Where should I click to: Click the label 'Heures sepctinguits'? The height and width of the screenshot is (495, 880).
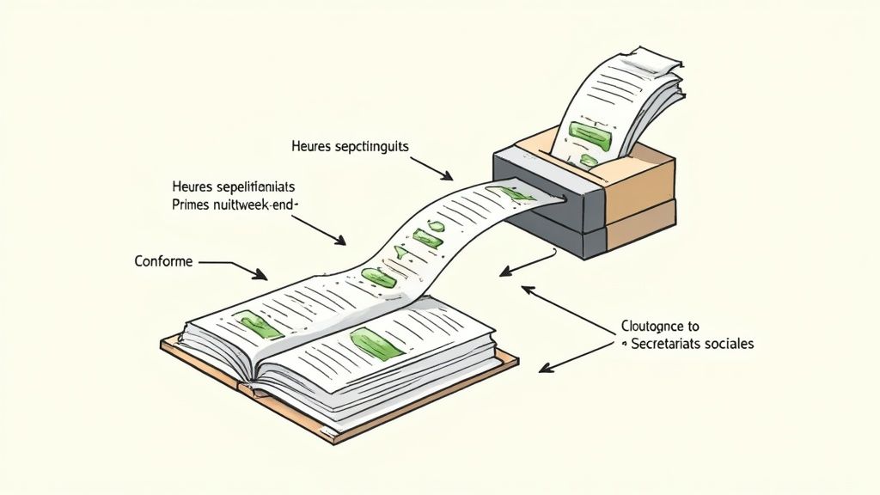pyautogui.click(x=351, y=147)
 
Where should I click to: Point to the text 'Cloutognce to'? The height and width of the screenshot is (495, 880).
pyautogui.click(x=660, y=327)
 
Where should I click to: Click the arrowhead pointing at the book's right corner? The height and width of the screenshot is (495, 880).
pyautogui.click(x=541, y=369)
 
